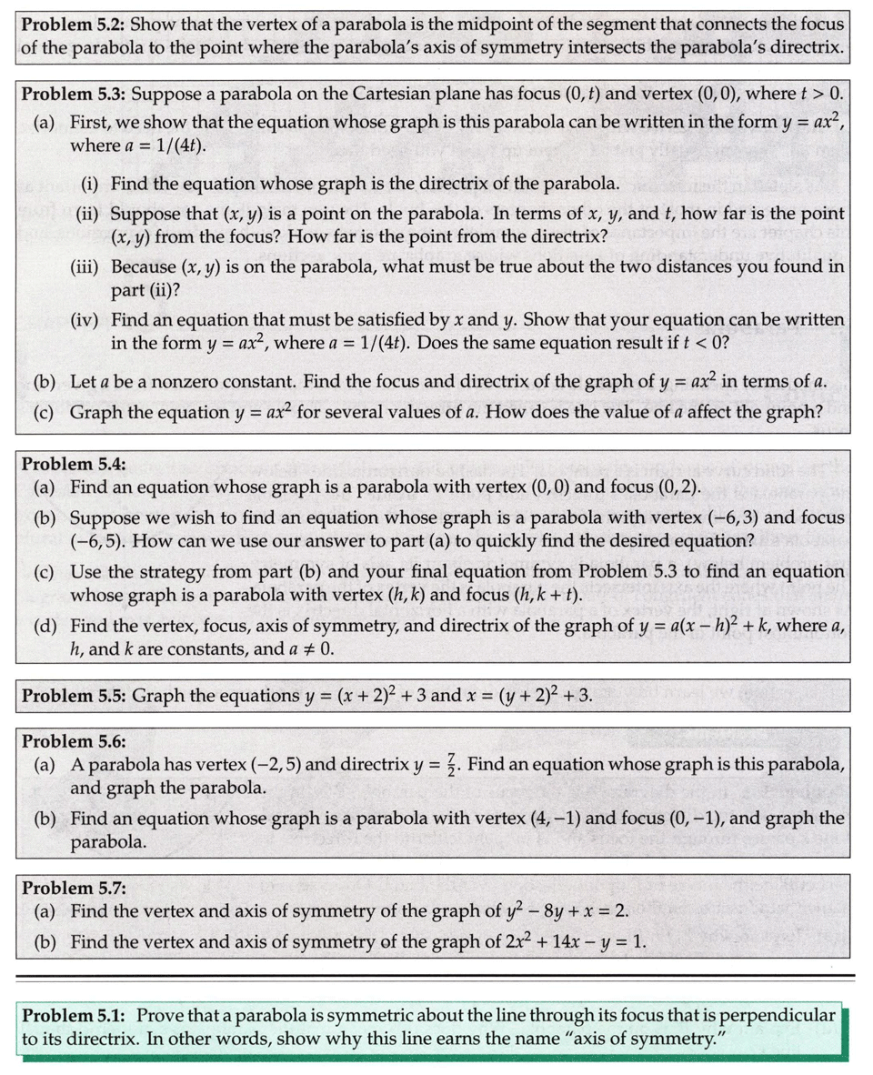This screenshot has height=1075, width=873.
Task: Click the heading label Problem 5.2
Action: tap(72, 24)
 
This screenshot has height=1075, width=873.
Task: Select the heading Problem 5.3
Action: tap(72, 94)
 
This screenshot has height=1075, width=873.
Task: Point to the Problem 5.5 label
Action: tap(72, 697)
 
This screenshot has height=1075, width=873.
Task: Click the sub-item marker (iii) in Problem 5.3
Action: tap(89, 267)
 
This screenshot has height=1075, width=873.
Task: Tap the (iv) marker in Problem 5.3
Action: tap(89, 320)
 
